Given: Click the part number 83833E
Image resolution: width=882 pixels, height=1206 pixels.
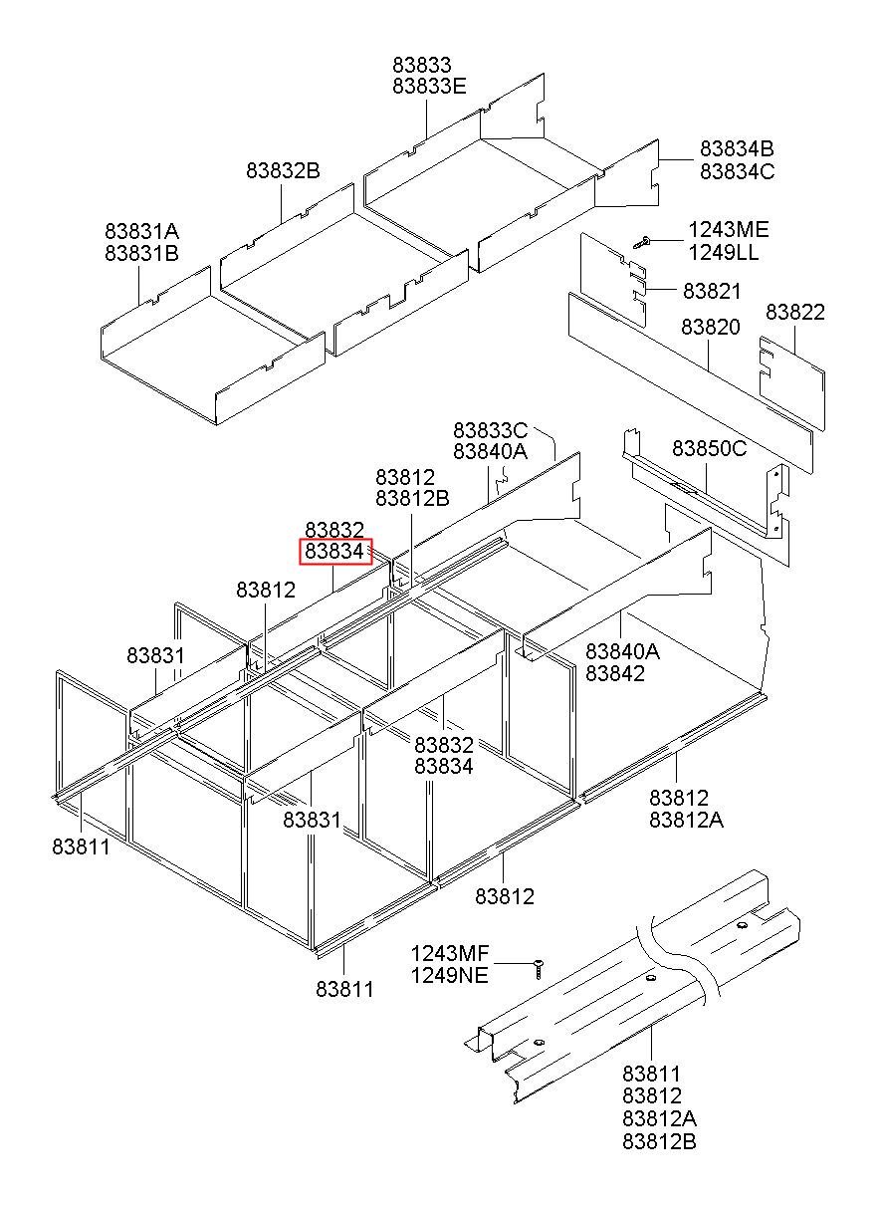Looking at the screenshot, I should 428,86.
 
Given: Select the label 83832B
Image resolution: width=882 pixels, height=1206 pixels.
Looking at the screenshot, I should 283,171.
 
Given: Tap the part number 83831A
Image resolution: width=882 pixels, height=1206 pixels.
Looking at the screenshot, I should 141,231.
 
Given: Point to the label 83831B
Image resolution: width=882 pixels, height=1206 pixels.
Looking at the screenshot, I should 141,253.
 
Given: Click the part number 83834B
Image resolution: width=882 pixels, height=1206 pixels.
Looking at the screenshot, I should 737,149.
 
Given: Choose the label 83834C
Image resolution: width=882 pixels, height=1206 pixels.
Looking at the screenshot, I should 737,171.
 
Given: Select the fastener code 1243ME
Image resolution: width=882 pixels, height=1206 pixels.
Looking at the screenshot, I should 729,230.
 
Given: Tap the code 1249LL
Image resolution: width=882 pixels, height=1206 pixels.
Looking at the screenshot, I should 724,252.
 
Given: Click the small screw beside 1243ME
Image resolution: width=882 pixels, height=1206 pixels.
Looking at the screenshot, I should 643,239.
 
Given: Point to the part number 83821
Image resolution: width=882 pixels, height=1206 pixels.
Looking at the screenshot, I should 712,291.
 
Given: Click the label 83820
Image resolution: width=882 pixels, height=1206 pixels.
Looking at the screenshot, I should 711,327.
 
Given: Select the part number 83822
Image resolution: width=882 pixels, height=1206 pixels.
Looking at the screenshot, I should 794,313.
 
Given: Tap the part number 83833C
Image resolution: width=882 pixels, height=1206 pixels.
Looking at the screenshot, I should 490,430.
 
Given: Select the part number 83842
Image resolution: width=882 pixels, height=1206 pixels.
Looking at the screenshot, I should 615,673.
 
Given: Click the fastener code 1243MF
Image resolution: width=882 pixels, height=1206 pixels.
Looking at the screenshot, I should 450,953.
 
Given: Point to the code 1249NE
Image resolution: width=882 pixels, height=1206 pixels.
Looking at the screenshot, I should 450,975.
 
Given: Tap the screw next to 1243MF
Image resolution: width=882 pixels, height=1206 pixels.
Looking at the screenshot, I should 539,965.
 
